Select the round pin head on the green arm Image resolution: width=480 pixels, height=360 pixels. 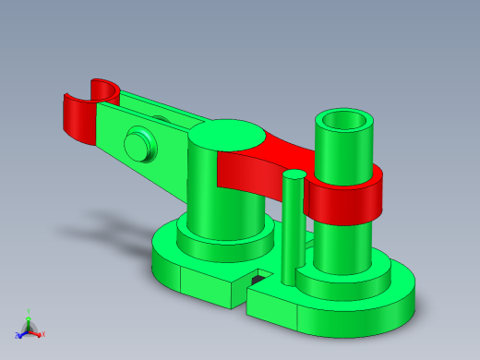click(138, 144)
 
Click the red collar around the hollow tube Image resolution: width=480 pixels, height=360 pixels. click(346, 199)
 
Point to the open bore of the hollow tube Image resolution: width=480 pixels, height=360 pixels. click(346, 121)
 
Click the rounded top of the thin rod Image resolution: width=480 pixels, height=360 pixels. click(294, 174)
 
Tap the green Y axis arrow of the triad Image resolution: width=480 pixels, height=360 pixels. click(28, 316)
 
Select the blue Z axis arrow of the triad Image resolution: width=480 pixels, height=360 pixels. click(19, 334)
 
